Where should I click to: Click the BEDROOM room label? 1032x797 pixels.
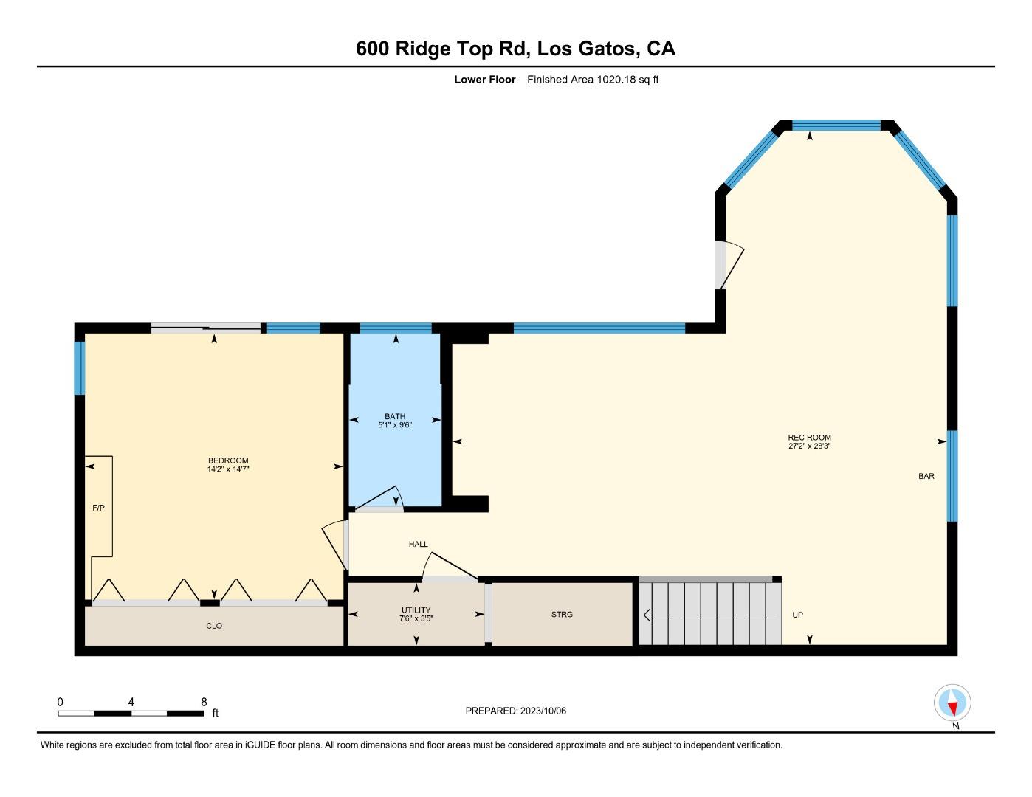228,460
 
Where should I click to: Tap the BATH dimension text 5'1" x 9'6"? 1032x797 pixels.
395,425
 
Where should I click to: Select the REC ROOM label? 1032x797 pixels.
809,438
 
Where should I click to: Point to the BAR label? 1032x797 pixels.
926,476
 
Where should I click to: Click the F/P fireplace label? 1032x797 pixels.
98,508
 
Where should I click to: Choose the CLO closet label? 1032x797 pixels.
214,626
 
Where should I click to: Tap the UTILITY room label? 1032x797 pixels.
416,610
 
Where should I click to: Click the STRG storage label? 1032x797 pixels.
562,614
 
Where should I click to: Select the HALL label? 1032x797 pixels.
418,544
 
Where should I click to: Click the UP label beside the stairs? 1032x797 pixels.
797,615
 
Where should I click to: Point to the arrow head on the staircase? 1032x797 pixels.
647,615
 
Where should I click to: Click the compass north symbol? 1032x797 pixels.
952,703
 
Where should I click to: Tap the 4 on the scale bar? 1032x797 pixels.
131,702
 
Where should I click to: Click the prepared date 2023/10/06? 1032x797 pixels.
543,711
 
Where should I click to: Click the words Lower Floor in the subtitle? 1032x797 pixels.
484,80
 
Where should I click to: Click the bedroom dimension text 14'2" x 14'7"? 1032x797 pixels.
228,469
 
